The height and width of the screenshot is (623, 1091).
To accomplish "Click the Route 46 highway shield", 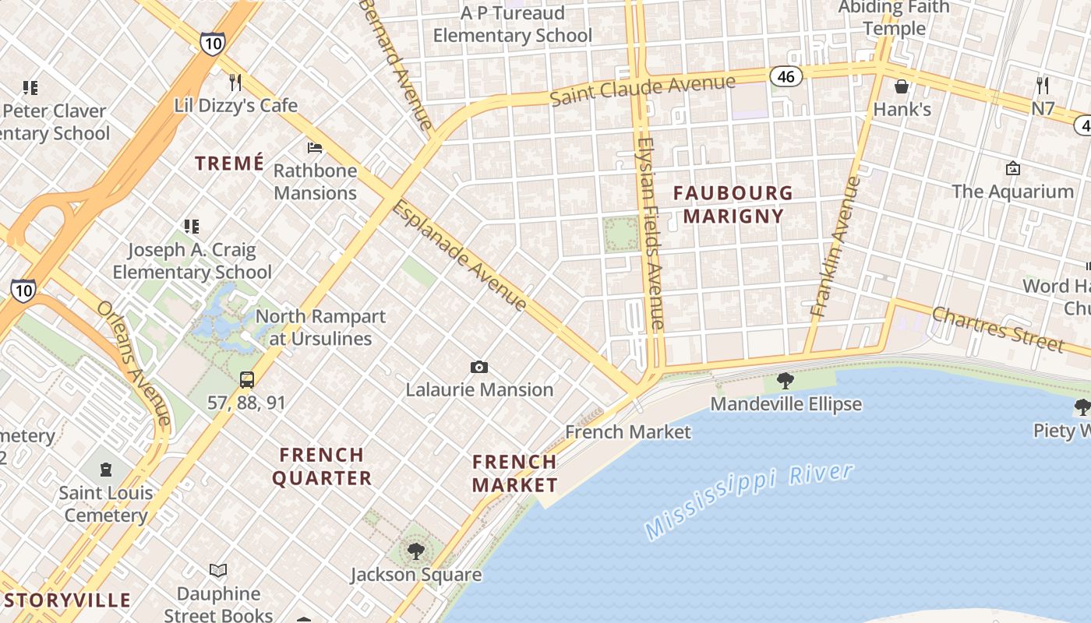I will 786,76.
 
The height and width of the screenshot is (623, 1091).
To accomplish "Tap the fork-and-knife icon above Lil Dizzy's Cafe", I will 235,82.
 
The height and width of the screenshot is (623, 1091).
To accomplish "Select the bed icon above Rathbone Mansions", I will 315,147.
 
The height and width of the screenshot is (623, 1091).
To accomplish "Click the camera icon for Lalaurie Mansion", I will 479,367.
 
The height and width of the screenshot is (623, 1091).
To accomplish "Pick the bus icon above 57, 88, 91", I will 247,380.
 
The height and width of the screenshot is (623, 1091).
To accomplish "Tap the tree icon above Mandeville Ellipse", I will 786,381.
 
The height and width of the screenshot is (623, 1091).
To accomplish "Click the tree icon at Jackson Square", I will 416,551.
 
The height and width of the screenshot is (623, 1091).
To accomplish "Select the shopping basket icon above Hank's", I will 902,86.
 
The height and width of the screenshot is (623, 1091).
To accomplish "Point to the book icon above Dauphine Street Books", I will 218,571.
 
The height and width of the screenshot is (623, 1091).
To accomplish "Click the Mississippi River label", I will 750,501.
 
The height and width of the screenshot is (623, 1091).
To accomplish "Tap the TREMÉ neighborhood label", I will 229,163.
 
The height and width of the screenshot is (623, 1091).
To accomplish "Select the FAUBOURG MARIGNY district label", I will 733,204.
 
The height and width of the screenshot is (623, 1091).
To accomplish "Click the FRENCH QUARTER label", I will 322,466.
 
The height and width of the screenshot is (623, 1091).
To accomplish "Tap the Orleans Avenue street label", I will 133,361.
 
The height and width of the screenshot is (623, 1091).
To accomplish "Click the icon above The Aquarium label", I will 1012,168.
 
